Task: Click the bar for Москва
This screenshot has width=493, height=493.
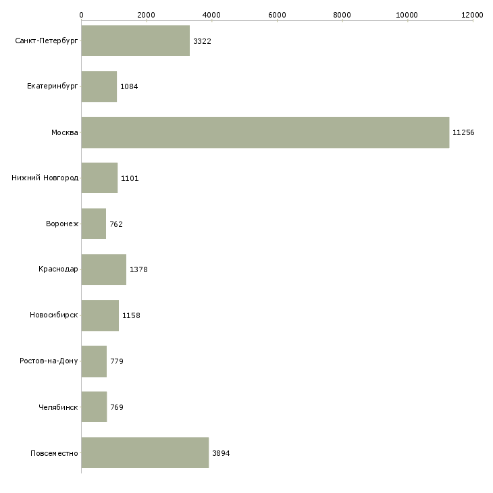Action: [265, 132]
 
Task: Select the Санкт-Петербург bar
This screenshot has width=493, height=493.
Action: [135, 41]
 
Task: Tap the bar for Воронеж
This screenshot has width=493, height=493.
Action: [93, 224]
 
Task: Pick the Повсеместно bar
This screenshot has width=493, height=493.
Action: [145, 452]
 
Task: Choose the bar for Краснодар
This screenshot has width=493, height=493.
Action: [103, 269]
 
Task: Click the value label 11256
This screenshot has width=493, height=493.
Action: [463, 132]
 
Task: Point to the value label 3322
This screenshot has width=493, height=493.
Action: [202, 41]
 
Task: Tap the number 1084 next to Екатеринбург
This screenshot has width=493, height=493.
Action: [129, 87]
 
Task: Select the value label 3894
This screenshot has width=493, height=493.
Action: [221, 453]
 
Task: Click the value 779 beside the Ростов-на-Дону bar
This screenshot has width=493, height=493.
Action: [117, 361]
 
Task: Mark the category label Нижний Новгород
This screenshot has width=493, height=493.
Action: [45, 178]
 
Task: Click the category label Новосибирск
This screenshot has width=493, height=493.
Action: [54, 315]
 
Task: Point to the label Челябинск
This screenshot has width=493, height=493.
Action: [59, 407]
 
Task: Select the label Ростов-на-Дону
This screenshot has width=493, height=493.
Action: [49, 361]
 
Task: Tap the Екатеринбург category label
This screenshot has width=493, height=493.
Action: [53, 87]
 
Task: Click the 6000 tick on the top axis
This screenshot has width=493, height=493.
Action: [277, 14]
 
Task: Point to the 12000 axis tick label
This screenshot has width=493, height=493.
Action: [473, 14]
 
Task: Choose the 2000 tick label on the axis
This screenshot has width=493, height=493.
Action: [146, 14]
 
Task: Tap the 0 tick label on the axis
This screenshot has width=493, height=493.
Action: [81, 14]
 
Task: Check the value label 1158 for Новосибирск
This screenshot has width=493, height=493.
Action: [131, 315]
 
